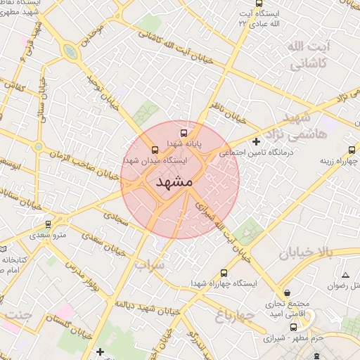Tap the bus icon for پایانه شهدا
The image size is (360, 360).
184,131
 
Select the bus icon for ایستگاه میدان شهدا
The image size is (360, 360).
155,150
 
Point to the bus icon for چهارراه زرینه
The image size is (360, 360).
352,150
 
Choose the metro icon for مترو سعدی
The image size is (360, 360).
48,224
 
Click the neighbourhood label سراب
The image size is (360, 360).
149,265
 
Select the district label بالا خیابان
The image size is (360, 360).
310,253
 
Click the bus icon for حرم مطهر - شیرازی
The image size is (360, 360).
293,327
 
